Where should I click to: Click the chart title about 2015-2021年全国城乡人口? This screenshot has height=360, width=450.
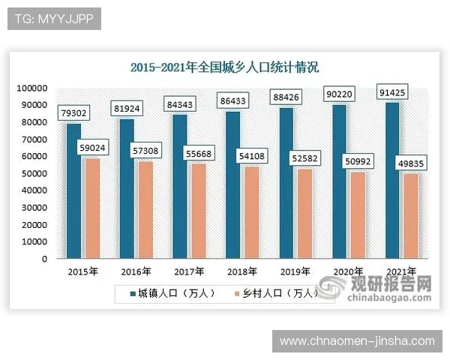225,67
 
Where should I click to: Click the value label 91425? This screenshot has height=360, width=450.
393,93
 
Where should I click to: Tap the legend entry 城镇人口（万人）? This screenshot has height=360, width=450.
169,293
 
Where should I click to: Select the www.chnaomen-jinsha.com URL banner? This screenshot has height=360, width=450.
356,341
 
